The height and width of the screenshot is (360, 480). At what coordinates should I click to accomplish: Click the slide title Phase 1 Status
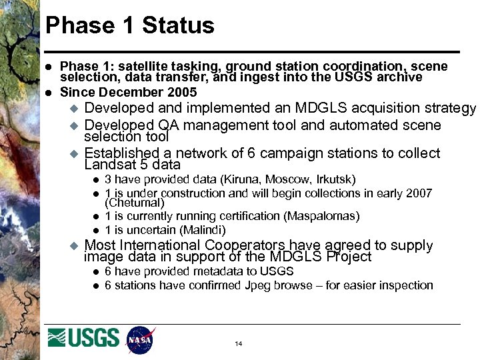pos(130,25)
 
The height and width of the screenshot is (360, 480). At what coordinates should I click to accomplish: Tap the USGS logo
pos(84,338)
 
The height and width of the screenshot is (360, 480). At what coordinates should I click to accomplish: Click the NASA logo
pos(141,339)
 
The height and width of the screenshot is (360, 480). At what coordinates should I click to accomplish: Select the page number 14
pos(238,344)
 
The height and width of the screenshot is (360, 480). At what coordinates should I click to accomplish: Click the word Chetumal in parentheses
pos(135,203)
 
